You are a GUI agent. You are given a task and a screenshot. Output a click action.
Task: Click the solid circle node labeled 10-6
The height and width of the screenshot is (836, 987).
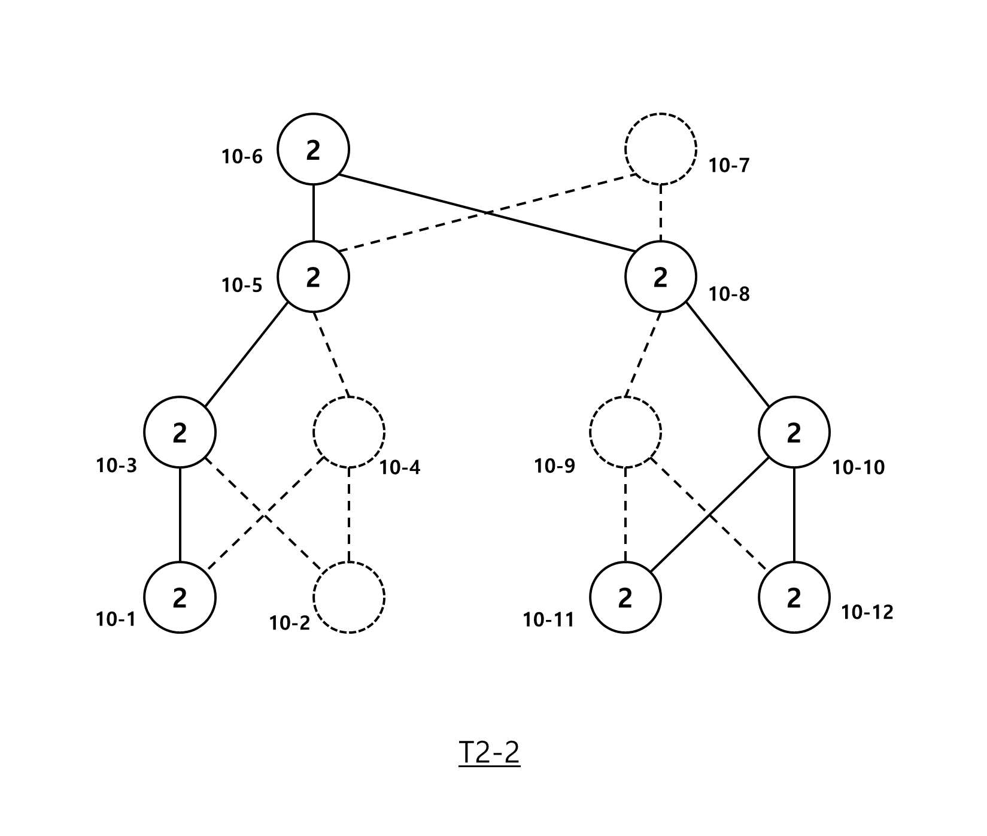click(313, 149)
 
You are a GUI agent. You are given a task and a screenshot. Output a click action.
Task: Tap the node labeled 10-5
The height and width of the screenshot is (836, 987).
click(313, 277)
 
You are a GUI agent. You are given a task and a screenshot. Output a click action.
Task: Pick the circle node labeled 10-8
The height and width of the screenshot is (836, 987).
click(661, 277)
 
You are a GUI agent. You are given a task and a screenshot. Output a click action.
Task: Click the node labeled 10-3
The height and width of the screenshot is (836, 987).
click(180, 432)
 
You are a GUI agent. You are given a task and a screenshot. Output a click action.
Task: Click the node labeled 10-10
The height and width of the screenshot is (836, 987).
click(794, 432)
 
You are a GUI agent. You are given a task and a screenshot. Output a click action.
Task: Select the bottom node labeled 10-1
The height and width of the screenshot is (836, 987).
click(180, 597)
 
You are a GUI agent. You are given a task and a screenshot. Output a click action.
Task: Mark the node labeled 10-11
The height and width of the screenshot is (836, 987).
click(625, 597)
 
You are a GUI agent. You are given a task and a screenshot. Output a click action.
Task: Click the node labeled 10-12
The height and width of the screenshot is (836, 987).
click(794, 597)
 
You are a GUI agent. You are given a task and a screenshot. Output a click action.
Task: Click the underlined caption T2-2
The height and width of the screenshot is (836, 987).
click(490, 753)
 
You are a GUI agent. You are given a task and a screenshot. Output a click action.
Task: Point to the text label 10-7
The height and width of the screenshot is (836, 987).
click(729, 166)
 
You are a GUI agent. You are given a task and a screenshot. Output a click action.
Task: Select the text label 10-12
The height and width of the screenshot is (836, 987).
click(867, 612)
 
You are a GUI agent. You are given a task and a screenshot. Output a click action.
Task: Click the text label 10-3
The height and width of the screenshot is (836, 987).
click(117, 466)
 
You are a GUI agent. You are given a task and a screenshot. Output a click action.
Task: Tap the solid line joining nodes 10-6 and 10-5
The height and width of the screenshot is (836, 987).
click(313, 213)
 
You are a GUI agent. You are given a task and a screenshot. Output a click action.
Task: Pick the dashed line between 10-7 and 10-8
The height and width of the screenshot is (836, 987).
click(661, 213)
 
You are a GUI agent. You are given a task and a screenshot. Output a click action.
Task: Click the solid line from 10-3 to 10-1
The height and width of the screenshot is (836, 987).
click(180, 515)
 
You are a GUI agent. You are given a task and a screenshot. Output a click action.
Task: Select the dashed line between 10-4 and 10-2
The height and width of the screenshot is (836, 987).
click(349, 515)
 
